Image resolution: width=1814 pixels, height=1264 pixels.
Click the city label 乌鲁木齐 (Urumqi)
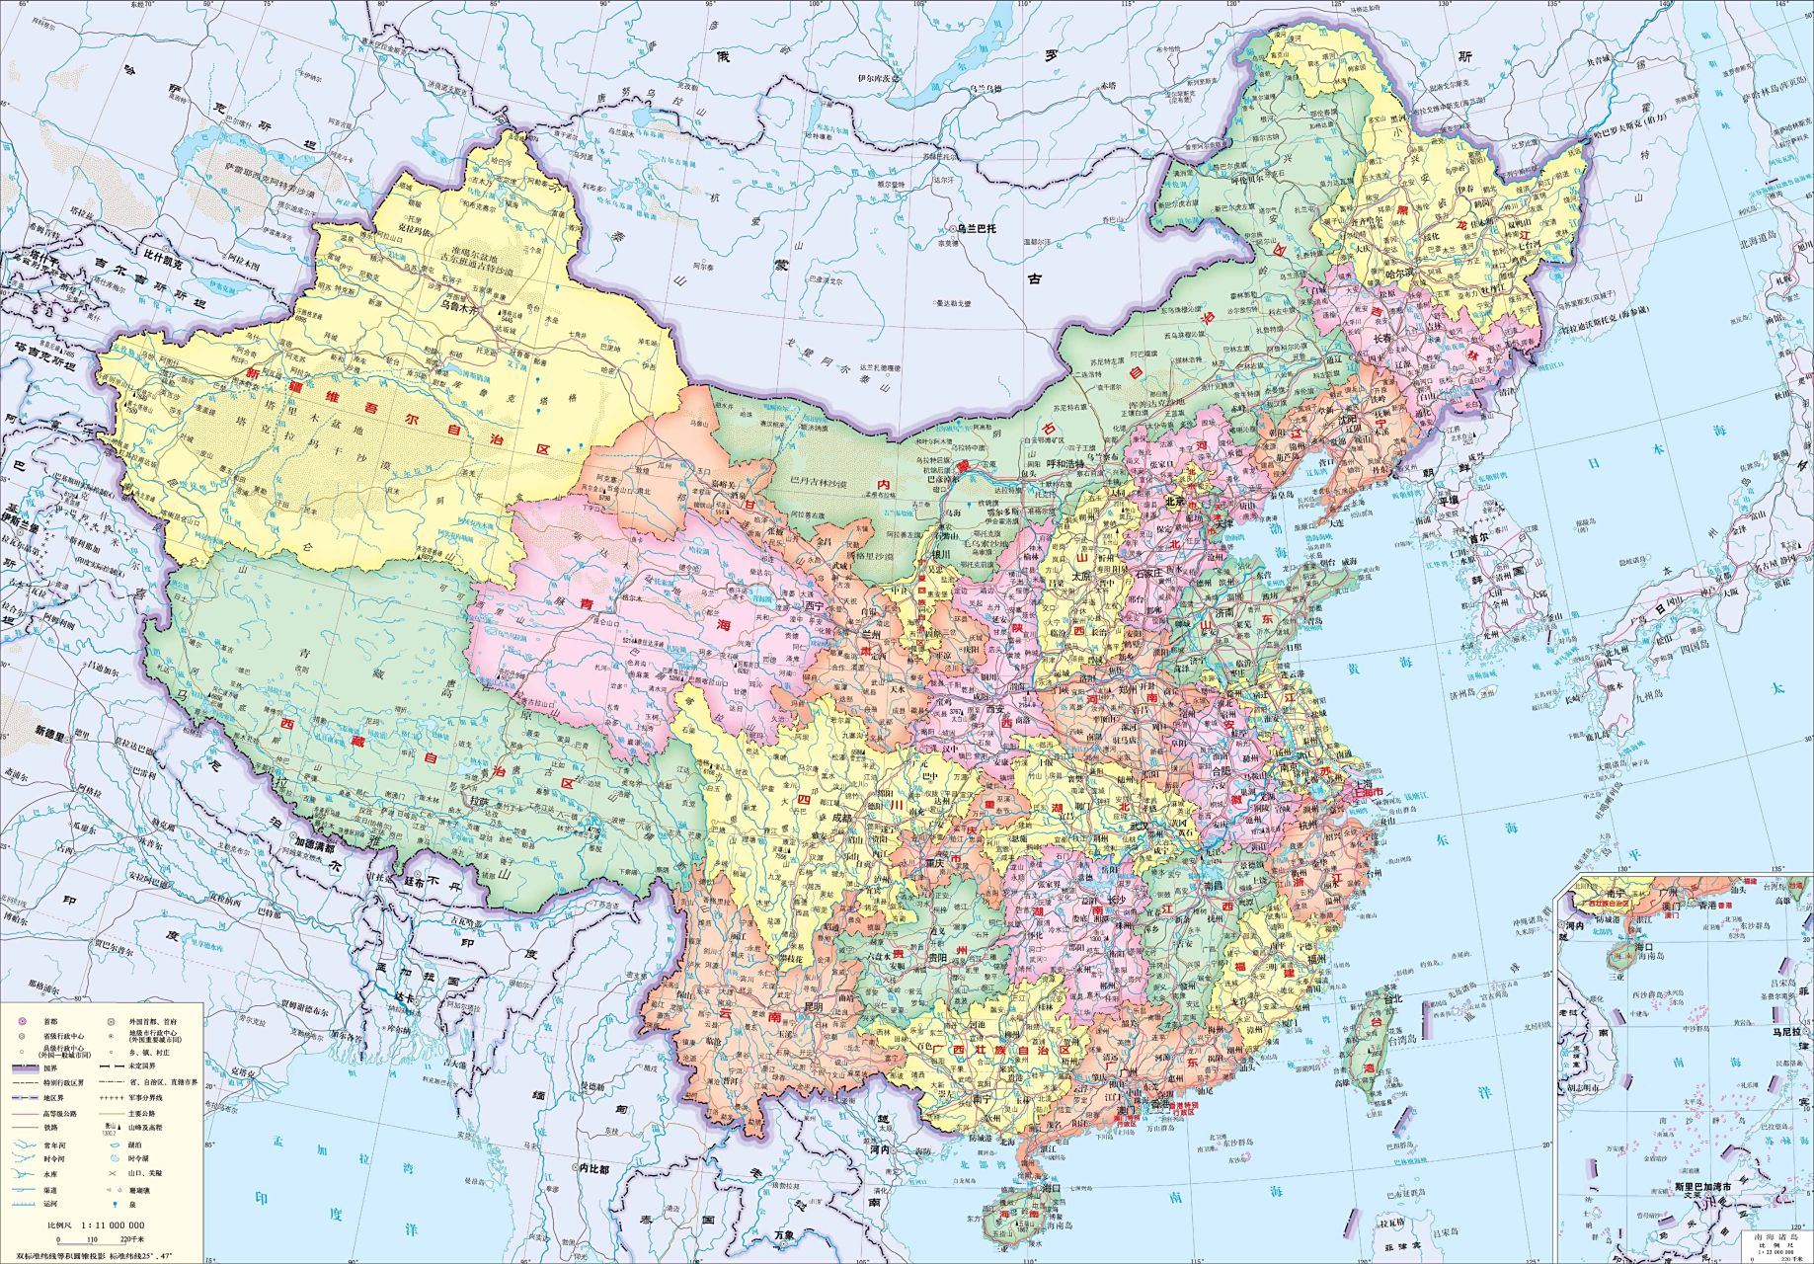click(x=457, y=307)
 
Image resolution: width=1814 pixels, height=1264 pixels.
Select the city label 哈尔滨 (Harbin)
click(x=1401, y=273)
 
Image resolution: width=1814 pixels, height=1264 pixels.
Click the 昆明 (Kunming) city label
click(x=813, y=1007)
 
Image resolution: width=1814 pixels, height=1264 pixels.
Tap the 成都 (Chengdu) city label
click(x=840, y=818)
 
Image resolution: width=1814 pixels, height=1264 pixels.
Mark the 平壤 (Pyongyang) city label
click(x=1447, y=501)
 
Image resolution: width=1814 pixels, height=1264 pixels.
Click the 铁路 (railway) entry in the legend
click(x=49, y=1127)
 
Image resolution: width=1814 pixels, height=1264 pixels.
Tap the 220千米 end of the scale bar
click(x=132, y=1239)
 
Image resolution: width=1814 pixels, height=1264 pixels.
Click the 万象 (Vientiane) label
click(x=783, y=1234)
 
